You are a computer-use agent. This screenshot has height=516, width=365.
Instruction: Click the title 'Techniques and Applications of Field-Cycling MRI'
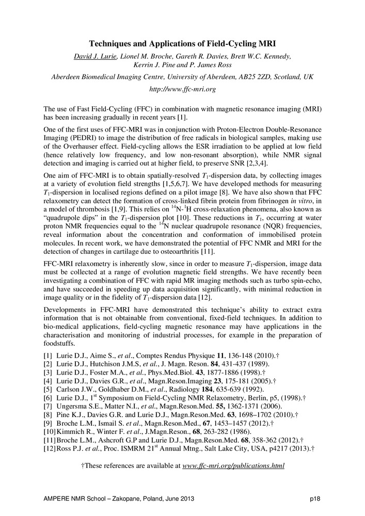[182, 44]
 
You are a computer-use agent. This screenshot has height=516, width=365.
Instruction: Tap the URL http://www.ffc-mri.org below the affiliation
[182, 89]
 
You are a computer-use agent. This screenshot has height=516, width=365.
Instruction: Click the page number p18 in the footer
[315, 500]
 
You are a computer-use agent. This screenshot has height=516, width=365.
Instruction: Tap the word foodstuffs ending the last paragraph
[61, 343]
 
